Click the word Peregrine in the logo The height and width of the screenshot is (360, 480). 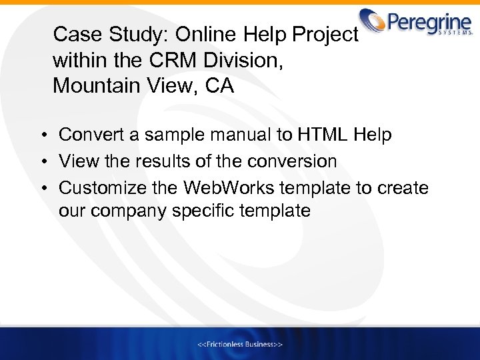coord(427,21)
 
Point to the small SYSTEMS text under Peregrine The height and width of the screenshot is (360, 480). coord(455,31)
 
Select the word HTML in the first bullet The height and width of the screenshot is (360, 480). coord(322,135)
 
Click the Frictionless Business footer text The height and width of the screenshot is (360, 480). coord(240,344)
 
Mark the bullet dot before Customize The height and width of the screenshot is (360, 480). coord(41,189)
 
